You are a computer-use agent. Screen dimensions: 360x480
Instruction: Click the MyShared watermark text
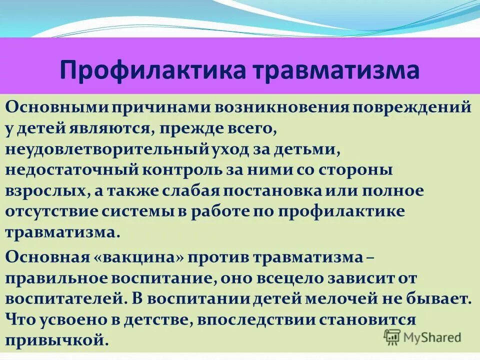point(431,337)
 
